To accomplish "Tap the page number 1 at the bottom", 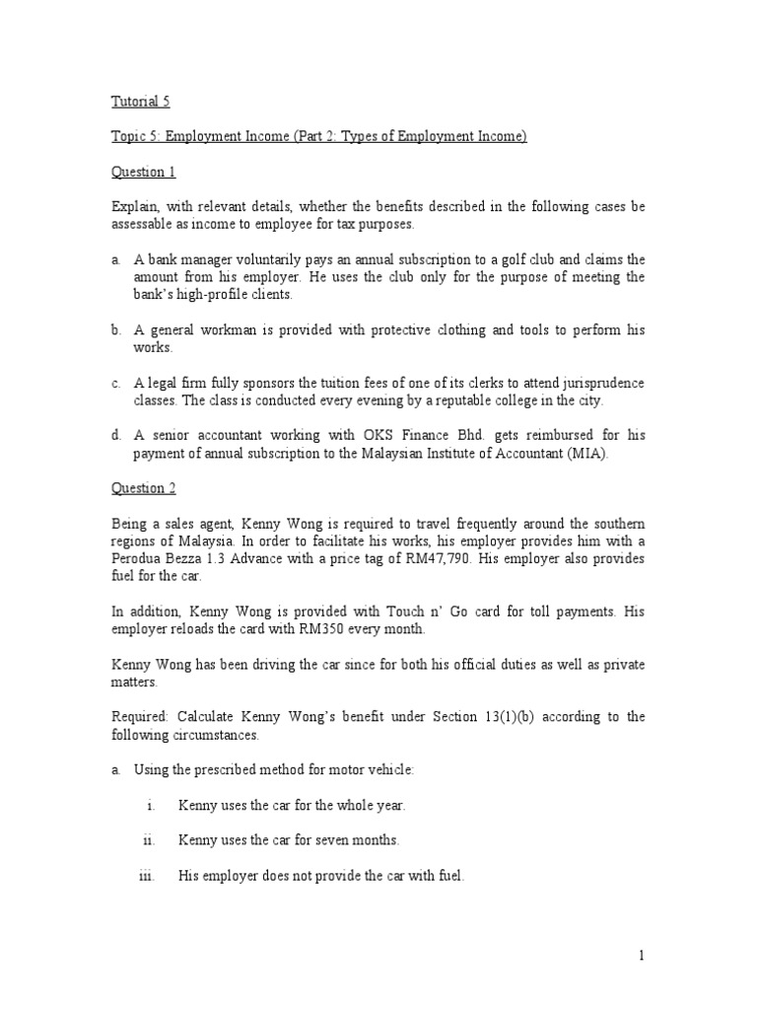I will (x=641, y=955).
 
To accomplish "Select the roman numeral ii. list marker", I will (x=148, y=840).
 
